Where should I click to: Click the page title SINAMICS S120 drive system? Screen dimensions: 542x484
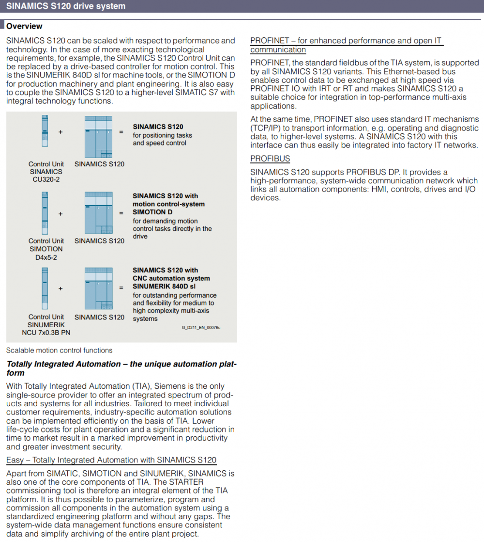pyautogui.click(x=66, y=6)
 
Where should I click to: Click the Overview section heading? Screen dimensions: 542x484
pyautogui.click(x=24, y=26)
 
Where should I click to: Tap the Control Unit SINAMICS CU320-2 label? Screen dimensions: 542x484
pyautogui.click(x=46, y=172)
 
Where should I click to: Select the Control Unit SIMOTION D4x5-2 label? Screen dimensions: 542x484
pyautogui.click(x=46, y=249)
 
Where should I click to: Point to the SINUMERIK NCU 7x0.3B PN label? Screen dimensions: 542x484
pyautogui.click(x=46, y=329)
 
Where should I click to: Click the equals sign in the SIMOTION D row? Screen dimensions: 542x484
pyautogui.click(x=121, y=213)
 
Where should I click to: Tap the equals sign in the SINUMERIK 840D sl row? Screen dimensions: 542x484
pyautogui.click(x=121, y=288)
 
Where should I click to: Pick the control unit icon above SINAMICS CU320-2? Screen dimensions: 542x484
pyautogui.click(x=45, y=131)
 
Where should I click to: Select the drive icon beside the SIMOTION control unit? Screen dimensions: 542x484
pyautogui.click(x=99, y=213)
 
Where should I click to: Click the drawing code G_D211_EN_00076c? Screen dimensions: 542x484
pyautogui.click(x=201, y=328)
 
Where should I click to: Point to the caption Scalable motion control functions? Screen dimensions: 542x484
pyautogui.click(x=59, y=350)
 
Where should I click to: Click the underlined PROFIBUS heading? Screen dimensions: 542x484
pyautogui.click(x=270, y=159)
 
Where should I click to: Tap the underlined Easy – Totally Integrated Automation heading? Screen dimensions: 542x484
pyautogui.click(x=111, y=460)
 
